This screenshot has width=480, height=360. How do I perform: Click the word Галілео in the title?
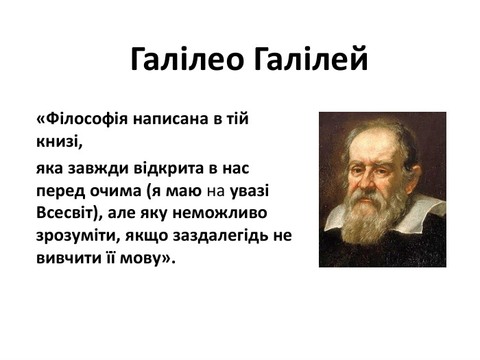[x=186, y=60]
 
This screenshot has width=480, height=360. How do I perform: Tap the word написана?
[x=171, y=119]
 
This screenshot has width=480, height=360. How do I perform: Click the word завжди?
[x=100, y=167]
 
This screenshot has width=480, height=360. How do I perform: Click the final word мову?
[x=149, y=259]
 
